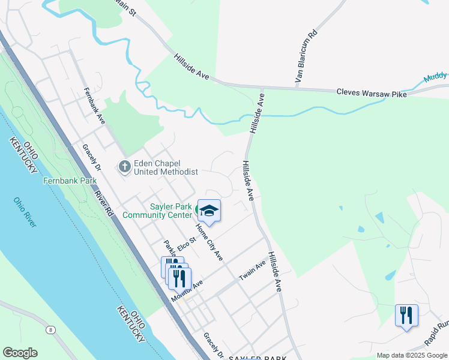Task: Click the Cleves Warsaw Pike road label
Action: coord(371,93)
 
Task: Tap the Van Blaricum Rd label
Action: coord(305,57)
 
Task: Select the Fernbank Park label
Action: coord(70,180)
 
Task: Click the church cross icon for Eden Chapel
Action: coord(125,166)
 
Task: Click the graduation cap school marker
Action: coord(209,211)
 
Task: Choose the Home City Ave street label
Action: coord(210,242)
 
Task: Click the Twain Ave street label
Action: coord(252,271)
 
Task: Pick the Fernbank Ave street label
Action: coord(95,106)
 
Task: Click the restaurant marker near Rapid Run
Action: coord(406,315)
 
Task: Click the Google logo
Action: coord(20,353)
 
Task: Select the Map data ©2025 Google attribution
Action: coord(411,355)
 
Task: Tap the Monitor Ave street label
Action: coord(187,291)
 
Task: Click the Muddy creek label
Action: coord(435,77)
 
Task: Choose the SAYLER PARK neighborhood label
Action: coord(258,358)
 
